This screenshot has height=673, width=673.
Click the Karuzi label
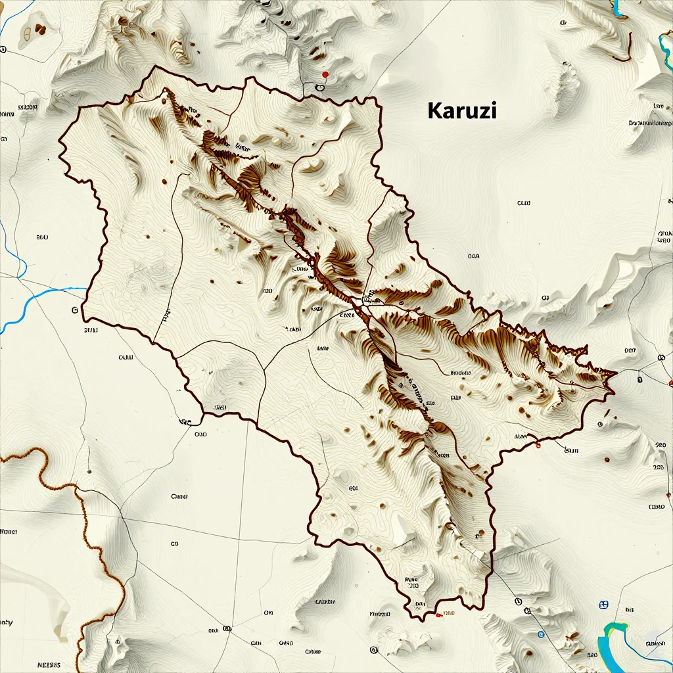[x=462, y=110]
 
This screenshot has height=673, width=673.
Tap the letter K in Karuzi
[x=434, y=110]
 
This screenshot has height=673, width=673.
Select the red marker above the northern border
[x=325, y=75]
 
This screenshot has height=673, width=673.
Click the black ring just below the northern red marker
[x=321, y=87]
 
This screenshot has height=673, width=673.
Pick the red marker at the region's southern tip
[x=438, y=615]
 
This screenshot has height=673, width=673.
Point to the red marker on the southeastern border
[x=538, y=446]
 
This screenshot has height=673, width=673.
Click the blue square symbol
[x=604, y=604]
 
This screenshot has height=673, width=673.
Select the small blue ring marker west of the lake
[x=540, y=634]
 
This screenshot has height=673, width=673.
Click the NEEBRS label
[x=49, y=664]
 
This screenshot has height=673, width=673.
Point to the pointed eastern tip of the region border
[x=615, y=375]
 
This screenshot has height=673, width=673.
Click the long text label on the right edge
[x=651, y=123]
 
